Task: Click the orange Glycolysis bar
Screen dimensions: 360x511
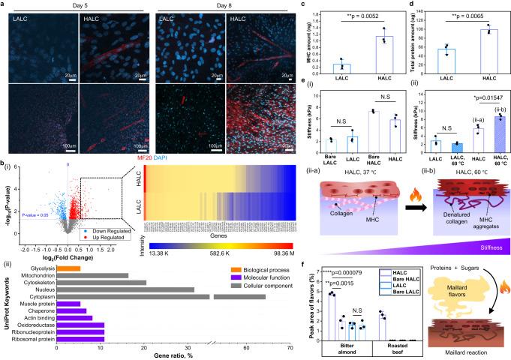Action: tap(69, 247)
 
